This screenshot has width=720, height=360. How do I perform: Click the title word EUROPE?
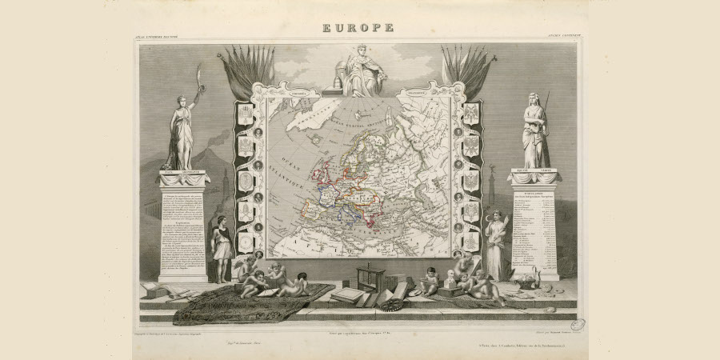[358, 28]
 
